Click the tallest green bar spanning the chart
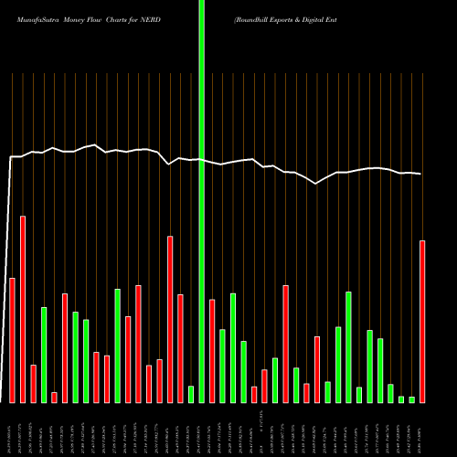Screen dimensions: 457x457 pos(201,201)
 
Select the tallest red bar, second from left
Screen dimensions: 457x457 pos(23,309)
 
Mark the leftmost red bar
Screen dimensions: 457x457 pos(12,339)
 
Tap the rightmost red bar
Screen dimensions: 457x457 pos(422,321)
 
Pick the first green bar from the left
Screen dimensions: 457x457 pos(44,355)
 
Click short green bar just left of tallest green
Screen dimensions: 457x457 pos(191,394)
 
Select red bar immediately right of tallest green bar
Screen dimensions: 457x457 pos(212,350)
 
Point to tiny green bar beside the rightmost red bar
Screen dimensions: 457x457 pos(412,399)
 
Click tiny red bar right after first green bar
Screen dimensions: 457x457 pos(54,397)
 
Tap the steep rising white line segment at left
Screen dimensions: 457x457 pos(8,274)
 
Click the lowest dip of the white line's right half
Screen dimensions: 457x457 pos(316,184)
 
